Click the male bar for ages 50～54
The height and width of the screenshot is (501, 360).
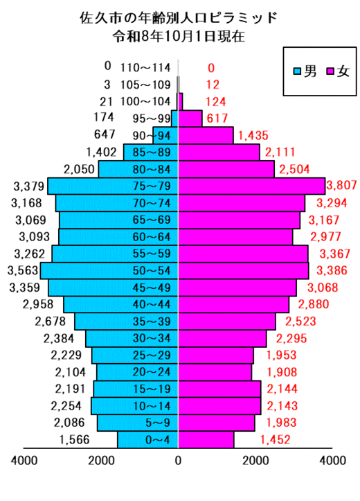click(x=109, y=271)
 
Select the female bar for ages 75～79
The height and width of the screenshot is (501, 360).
click(x=252, y=186)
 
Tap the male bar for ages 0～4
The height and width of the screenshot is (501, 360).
click(x=147, y=440)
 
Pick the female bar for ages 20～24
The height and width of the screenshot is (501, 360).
click(x=215, y=372)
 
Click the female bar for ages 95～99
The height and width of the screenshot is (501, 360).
click(x=190, y=118)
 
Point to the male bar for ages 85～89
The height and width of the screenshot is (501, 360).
click(x=151, y=152)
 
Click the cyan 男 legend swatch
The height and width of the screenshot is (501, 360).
click(x=297, y=71)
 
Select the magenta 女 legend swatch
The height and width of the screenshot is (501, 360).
click(x=330, y=71)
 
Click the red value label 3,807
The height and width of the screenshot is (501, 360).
click(x=341, y=185)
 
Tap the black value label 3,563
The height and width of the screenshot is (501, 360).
click(x=23, y=270)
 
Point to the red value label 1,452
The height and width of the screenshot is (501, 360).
click(x=275, y=439)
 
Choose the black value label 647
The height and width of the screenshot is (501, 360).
click(x=105, y=134)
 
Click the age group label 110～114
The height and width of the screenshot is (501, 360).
click(x=145, y=68)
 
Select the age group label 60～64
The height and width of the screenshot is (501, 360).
click(x=152, y=237)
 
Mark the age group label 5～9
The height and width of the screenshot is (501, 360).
click(x=158, y=423)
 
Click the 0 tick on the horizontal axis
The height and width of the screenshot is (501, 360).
click(x=178, y=460)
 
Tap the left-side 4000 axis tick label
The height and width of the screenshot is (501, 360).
click(x=24, y=460)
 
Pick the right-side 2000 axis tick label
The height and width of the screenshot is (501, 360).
click(x=255, y=460)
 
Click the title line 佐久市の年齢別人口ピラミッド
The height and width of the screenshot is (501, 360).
click(x=179, y=17)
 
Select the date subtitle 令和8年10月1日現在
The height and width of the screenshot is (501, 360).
click(x=179, y=36)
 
